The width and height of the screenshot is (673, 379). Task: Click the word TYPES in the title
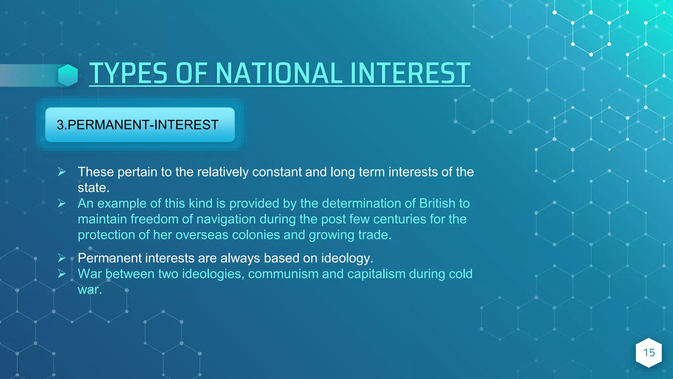[x=128, y=73]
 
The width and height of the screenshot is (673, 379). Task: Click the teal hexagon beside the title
[x=68, y=75]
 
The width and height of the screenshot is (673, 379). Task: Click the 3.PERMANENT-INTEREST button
[x=140, y=125]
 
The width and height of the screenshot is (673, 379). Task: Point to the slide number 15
[x=649, y=353]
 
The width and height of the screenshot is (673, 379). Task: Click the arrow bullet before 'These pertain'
[x=62, y=172]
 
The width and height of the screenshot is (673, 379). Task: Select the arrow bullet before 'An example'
[x=62, y=203]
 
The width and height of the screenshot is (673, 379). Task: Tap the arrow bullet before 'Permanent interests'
[x=62, y=258]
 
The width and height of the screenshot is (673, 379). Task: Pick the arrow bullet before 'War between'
[x=62, y=274]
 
